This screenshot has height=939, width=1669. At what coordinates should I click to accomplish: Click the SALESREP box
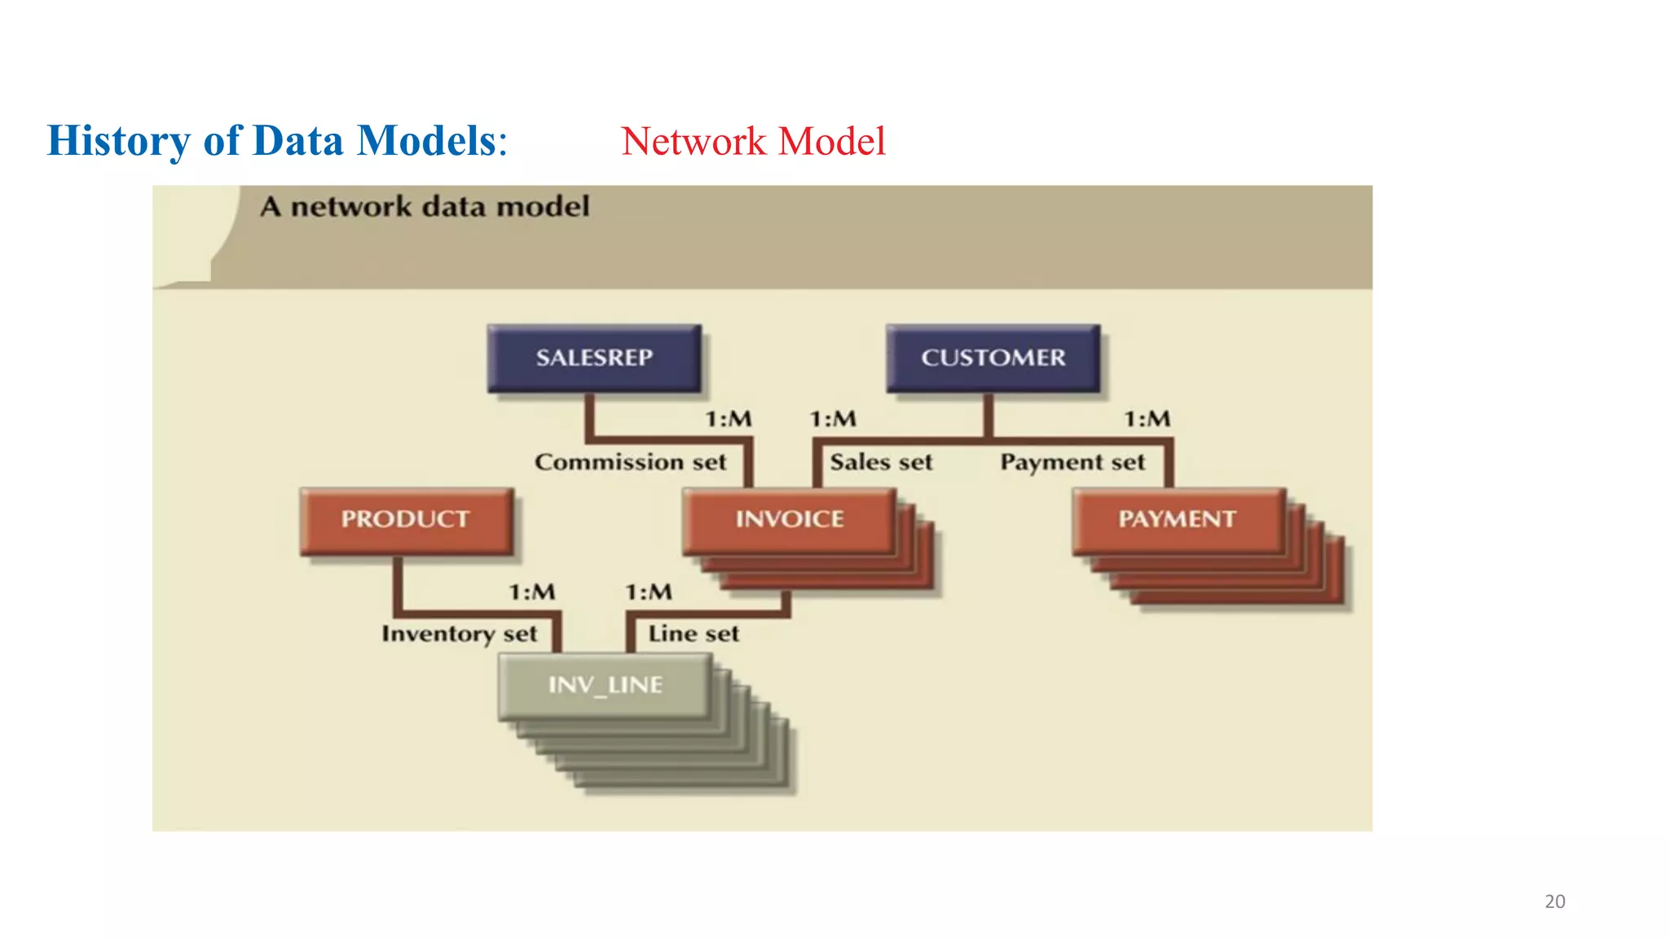[x=594, y=358]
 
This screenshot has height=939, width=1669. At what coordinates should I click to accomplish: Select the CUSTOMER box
[x=993, y=358]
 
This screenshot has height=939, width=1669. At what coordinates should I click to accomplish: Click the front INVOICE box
[x=789, y=521]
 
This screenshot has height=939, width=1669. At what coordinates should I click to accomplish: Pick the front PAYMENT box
[x=1178, y=521]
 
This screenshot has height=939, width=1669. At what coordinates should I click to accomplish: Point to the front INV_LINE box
[x=605, y=686]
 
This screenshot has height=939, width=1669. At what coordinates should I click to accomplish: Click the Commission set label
[x=630, y=462]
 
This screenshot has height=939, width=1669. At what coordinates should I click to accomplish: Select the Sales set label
[x=881, y=462]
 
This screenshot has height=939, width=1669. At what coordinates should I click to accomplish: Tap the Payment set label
[x=1072, y=463]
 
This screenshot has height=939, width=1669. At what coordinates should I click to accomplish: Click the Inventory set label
[x=460, y=634]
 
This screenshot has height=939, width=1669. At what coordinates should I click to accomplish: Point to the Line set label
[x=694, y=633]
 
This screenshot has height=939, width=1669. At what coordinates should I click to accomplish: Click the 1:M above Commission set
[x=729, y=419]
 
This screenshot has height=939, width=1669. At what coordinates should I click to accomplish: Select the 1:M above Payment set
[x=1147, y=419]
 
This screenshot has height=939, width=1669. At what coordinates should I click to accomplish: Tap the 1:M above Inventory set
[x=532, y=592]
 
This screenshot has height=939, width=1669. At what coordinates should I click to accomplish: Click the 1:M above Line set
[x=649, y=592]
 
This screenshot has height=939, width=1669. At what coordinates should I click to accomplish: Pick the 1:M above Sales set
[x=833, y=419]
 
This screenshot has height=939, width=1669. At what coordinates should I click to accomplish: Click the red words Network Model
[x=753, y=141]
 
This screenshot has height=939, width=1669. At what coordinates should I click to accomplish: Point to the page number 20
[x=1555, y=902]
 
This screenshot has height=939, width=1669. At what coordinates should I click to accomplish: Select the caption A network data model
[x=425, y=206]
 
